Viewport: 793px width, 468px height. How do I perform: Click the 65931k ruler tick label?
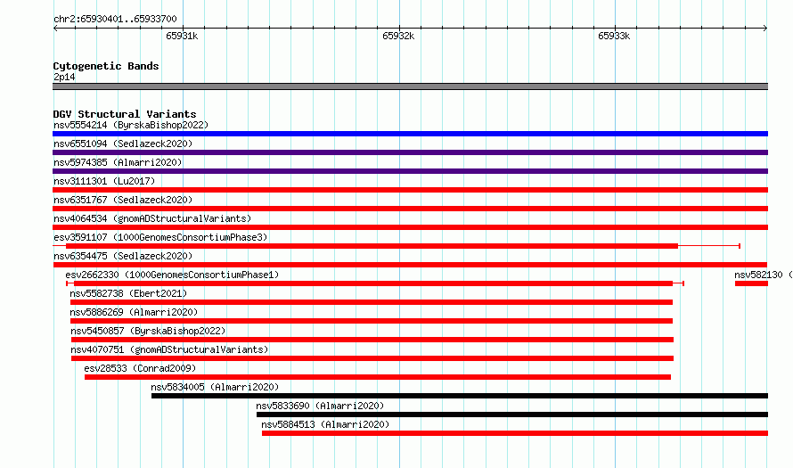(182, 36)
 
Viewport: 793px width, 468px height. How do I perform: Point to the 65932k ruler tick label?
(398, 36)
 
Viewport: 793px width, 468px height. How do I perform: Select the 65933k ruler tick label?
(614, 36)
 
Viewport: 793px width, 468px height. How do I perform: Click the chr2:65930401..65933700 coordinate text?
(115, 19)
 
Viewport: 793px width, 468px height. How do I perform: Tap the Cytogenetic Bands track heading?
(106, 66)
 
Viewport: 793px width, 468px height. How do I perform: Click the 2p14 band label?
(64, 77)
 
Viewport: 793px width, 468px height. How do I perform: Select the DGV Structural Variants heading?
(125, 114)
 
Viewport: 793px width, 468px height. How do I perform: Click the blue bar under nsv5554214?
(410, 134)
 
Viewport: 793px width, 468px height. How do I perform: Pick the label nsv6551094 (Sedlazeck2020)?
(123, 144)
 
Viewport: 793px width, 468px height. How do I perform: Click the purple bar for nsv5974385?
(410, 171)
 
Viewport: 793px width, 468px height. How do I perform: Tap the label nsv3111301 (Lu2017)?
(104, 181)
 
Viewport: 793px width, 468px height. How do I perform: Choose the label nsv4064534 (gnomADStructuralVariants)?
(152, 218)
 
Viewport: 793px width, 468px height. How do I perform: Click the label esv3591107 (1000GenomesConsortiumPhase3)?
(160, 237)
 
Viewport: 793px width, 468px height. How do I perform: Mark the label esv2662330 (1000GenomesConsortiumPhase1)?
(172, 275)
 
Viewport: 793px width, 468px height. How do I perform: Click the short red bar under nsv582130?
(751, 283)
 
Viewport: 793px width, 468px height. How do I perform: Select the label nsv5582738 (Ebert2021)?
(128, 293)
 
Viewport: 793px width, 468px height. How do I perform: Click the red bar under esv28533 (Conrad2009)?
(378, 377)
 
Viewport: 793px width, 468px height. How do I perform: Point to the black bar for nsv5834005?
(460, 396)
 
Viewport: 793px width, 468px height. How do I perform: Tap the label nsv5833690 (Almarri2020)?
(320, 406)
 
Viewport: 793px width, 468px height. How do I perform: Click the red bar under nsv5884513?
(515, 433)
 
